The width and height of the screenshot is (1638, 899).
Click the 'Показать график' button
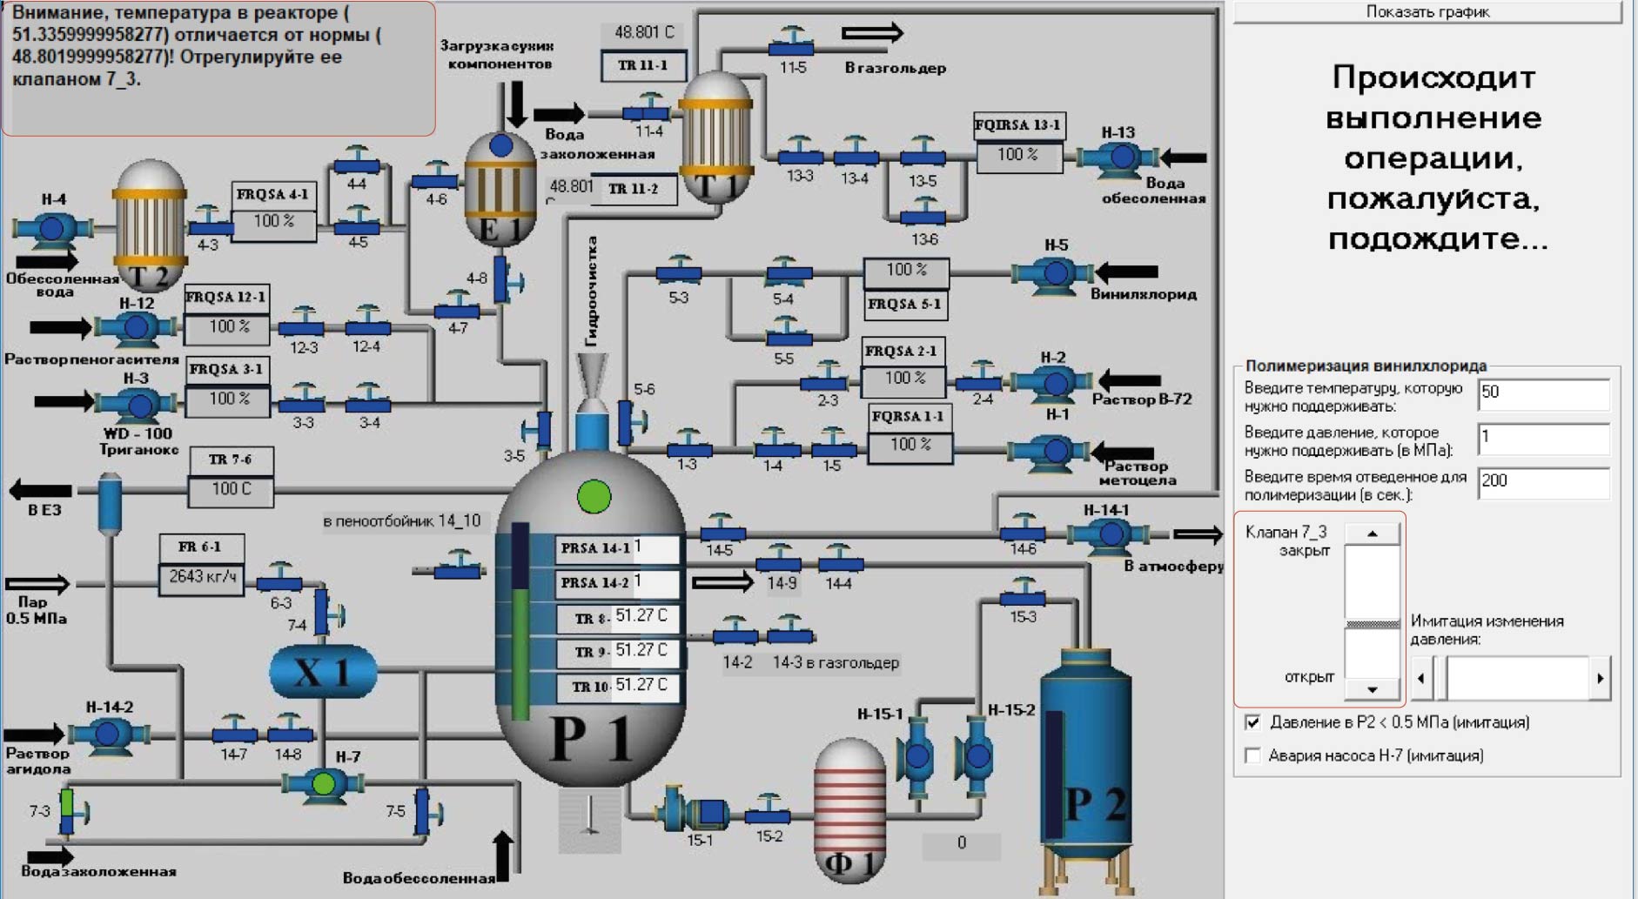click(1427, 12)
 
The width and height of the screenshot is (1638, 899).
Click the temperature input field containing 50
click(1543, 393)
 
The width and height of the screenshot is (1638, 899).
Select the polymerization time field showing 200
click(1543, 482)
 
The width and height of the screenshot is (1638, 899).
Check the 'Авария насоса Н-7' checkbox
click(1253, 755)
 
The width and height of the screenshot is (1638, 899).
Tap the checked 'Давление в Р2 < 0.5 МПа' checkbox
click(1253, 722)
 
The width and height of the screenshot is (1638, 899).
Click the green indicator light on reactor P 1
click(594, 497)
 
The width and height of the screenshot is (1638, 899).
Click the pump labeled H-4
click(50, 228)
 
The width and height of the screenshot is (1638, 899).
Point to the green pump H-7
click(323, 783)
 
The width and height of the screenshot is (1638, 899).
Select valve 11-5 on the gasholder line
click(792, 43)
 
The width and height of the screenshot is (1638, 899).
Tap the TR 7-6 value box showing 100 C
click(231, 490)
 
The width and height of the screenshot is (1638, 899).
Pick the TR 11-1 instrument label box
click(643, 65)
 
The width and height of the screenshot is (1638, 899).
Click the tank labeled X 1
click(323, 671)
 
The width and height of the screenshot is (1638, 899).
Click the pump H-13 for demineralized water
click(1120, 157)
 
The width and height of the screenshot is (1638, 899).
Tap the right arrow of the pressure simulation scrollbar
click(1600, 678)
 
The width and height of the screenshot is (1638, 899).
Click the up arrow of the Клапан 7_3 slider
click(1372, 533)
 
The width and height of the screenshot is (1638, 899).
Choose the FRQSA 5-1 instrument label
click(904, 305)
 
